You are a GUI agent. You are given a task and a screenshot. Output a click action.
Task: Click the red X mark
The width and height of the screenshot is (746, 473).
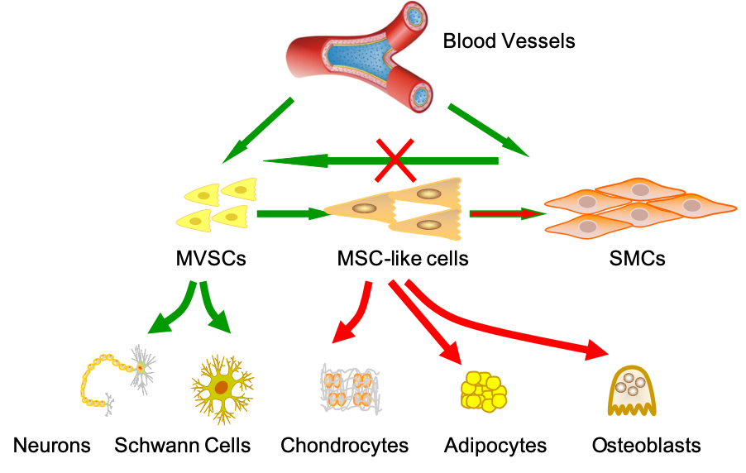point(395,160)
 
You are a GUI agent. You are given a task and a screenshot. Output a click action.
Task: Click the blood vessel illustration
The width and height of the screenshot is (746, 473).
point(360,57)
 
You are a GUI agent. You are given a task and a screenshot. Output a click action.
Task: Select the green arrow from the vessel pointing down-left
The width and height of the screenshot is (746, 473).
point(256,131)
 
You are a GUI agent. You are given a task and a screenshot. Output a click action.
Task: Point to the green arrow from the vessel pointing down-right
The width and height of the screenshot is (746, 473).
point(488,130)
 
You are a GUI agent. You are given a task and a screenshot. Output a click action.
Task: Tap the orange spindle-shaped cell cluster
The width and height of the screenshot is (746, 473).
point(639,207)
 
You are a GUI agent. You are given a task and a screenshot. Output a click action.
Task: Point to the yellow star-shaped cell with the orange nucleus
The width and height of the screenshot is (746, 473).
point(222,387)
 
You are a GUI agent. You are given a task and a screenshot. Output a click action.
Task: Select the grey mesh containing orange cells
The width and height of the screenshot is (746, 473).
point(350,388)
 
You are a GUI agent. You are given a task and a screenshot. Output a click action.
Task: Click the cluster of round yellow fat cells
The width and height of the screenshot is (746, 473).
point(483,391)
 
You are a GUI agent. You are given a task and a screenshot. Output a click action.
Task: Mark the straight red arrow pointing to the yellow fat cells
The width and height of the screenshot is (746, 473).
point(425,322)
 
